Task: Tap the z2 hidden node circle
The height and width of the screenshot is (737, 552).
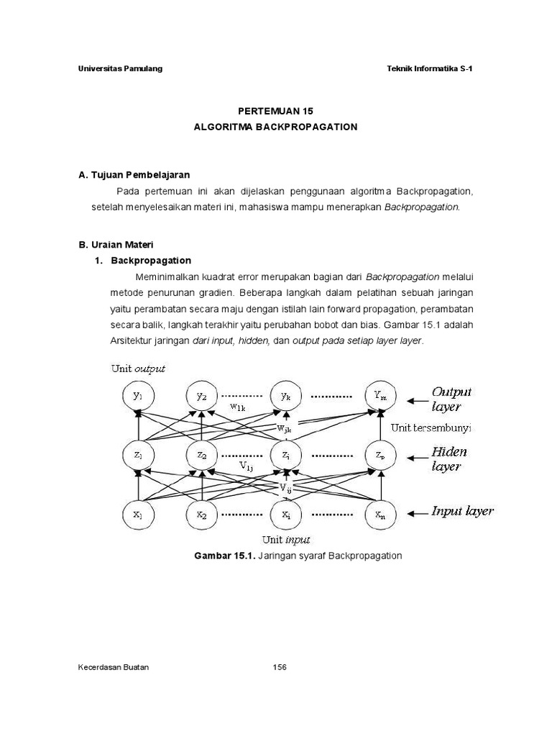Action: pyautogui.click(x=202, y=456)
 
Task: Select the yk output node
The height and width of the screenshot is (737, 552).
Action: pyautogui.click(x=286, y=396)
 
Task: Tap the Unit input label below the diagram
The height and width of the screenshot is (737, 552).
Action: pyautogui.click(x=286, y=538)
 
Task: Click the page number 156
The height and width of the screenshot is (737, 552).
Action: pyautogui.click(x=280, y=667)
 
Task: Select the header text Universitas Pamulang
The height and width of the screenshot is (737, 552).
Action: pyautogui.click(x=120, y=68)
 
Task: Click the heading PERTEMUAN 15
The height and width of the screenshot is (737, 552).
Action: pyautogui.click(x=276, y=111)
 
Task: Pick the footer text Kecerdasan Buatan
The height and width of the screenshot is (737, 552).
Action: pyautogui.click(x=114, y=667)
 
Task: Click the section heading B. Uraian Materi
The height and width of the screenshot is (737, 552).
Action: pyautogui.click(x=116, y=245)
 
